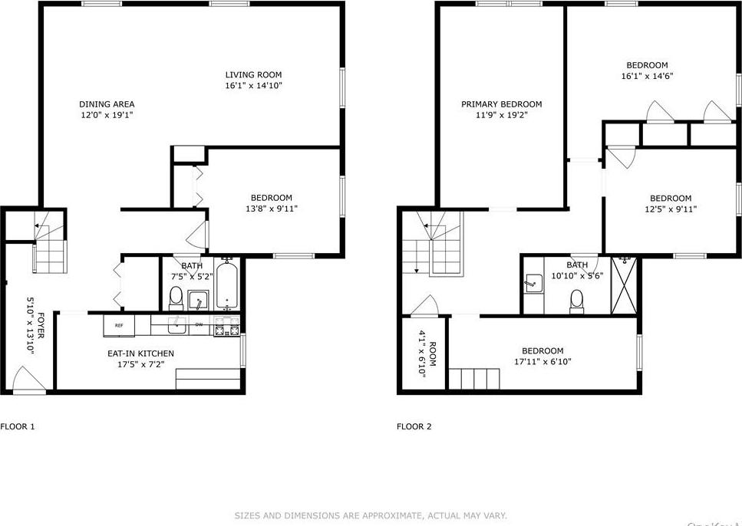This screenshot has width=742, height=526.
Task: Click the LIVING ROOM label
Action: (253, 74)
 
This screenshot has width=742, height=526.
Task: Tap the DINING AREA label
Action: (107, 104)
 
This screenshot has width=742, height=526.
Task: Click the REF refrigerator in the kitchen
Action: (120, 325)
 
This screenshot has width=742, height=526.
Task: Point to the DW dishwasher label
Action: (198, 325)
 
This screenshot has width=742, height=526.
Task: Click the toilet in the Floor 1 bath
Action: (176, 296)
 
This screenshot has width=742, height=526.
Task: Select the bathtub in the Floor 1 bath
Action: (227, 284)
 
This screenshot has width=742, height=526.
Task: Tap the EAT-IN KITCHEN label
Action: (140, 353)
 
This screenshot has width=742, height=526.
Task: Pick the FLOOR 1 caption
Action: (18, 426)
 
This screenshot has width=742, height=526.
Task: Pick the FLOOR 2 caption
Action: (414, 426)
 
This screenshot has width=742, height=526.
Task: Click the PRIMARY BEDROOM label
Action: (501, 104)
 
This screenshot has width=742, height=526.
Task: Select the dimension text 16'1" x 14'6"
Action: (647, 77)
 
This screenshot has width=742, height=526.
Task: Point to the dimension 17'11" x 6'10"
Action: (544, 362)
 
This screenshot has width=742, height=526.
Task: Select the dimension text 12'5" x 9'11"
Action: (671, 209)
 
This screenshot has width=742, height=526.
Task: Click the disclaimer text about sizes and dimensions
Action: (371, 516)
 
